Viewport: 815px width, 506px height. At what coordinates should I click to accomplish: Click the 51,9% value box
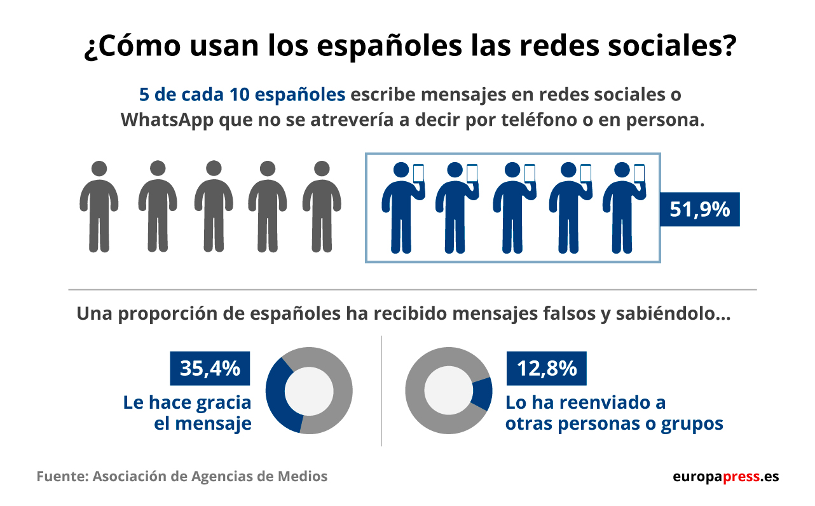pyautogui.click(x=699, y=209)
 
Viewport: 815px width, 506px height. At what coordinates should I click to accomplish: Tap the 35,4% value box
pyautogui.click(x=210, y=368)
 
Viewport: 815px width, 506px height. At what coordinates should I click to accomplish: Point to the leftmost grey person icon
pyautogui.click(x=99, y=207)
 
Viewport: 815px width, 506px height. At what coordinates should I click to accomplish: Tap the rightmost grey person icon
pyautogui.click(x=322, y=207)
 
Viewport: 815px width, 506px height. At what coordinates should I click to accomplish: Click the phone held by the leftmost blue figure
pyautogui.click(x=418, y=173)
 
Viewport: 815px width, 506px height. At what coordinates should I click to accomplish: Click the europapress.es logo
pyautogui.click(x=725, y=477)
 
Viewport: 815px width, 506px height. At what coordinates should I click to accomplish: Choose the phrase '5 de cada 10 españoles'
pyautogui.click(x=242, y=95)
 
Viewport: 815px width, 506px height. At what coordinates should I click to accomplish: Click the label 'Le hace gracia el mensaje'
pyautogui.click(x=188, y=413)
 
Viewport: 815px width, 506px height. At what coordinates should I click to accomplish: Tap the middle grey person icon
pyautogui.click(x=213, y=207)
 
